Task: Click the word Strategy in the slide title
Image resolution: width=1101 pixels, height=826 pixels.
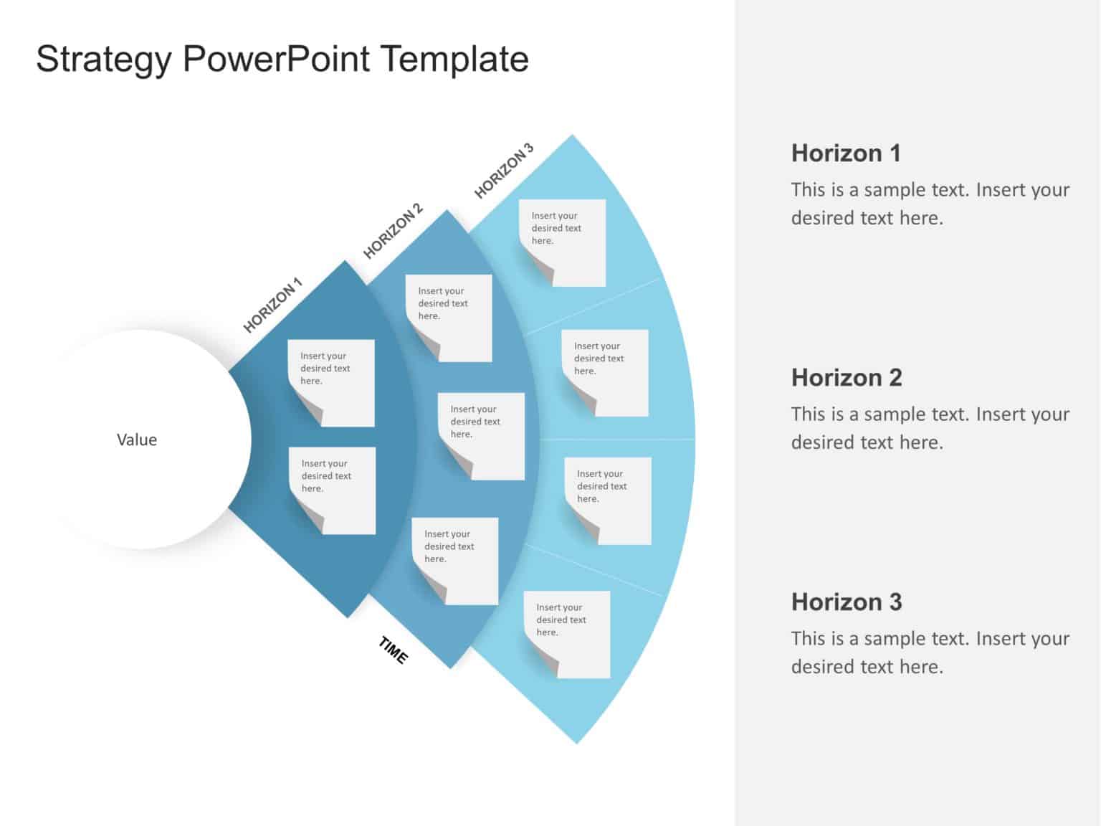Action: point(103,60)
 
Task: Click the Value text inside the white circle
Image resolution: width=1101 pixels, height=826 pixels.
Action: point(137,440)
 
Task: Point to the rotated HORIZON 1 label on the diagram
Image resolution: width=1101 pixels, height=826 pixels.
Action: point(272,305)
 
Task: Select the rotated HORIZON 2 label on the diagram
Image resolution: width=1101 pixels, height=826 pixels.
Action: point(393,231)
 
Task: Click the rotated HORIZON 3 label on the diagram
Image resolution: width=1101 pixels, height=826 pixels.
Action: point(504,171)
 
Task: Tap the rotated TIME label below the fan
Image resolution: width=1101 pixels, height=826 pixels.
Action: point(394,650)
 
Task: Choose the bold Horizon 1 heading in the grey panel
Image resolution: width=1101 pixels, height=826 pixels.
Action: point(846,153)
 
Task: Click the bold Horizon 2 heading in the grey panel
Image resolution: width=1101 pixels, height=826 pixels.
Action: point(847,378)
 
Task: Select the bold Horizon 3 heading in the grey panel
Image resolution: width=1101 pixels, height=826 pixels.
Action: point(847,602)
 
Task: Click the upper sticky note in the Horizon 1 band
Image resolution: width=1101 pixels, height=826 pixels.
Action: point(331,382)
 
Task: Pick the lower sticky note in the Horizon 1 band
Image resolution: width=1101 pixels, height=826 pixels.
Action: point(332,490)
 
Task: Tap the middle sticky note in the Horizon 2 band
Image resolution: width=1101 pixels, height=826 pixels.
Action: point(481,436)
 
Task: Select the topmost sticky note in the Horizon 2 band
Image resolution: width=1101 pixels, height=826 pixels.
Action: point(449,318)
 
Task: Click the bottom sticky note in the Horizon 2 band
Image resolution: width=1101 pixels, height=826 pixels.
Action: point(454,561)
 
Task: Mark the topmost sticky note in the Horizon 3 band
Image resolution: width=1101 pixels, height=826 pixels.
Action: point(562,242)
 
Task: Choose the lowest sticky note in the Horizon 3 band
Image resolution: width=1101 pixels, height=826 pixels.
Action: point(567,634)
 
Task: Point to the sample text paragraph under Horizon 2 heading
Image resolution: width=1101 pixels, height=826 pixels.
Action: point(930,428)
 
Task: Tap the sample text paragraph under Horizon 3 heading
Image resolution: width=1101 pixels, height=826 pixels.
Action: point(930,652)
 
